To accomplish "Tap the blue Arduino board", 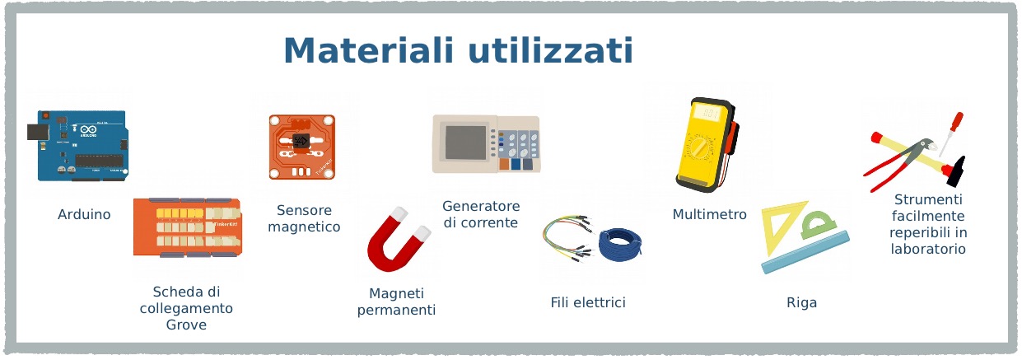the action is (78, 145).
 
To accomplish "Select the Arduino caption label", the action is (84, 214).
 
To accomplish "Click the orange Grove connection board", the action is (187, 227).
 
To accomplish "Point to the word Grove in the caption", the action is (186, 325).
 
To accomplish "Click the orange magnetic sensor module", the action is (302, 147).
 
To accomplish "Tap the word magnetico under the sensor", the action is (304, 227).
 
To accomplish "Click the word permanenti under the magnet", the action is (396, 311).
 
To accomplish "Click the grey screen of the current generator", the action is (466, 143).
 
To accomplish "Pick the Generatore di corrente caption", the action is (481, 214).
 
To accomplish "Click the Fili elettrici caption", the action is (588, 302).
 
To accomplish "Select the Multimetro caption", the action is (709, 214).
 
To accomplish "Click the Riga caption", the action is (801, 302).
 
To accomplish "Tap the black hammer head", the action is (957, 172).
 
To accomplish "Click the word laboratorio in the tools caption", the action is (928, 249).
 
